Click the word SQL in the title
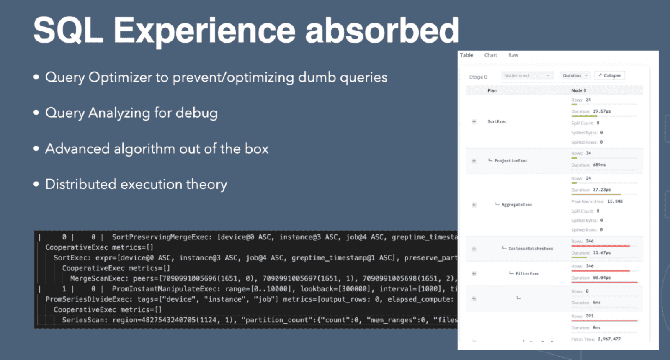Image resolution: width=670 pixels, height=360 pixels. tap(68, 30)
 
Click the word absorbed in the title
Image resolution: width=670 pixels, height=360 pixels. tap(381, 30)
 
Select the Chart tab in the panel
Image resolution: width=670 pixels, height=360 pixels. tap(490, 55)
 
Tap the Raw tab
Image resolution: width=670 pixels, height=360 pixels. tap(513, 55)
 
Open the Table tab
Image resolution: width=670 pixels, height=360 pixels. tap(466, 55)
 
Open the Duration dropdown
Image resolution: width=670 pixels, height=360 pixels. tap(575, 76)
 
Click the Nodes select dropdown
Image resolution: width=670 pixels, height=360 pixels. tap(527, 76)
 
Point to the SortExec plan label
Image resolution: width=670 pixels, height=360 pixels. tap(497, 122)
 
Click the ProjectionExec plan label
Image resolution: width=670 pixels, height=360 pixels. tap(510, 161)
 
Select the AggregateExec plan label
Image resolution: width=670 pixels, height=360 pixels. tap(517, 205)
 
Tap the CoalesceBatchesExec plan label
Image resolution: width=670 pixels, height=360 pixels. tap(531, 249)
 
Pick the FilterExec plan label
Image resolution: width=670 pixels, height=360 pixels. tap(527, 274)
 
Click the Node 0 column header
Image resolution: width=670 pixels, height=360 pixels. tap(579, 90)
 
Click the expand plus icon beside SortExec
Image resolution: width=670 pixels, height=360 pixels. tap(474, 122)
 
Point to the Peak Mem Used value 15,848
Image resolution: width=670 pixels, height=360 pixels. tap(615, 201)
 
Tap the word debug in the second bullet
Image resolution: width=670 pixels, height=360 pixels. tap(196, 113)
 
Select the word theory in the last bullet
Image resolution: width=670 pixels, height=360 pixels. tap(206, 184)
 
